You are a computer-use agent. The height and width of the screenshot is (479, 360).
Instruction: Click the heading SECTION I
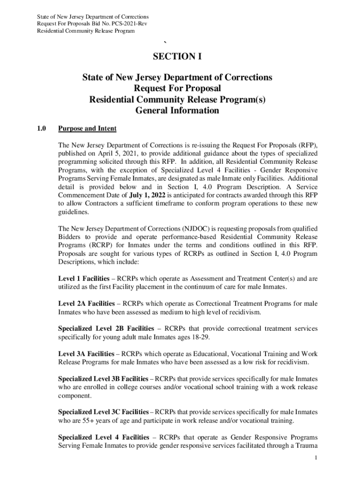[177, 57]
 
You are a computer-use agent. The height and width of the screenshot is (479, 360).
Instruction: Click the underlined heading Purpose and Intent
[87, 129]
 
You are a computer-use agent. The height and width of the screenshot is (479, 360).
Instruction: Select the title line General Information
[177, 111]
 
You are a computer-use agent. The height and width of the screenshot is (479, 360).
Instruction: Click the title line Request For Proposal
[177, 88]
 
